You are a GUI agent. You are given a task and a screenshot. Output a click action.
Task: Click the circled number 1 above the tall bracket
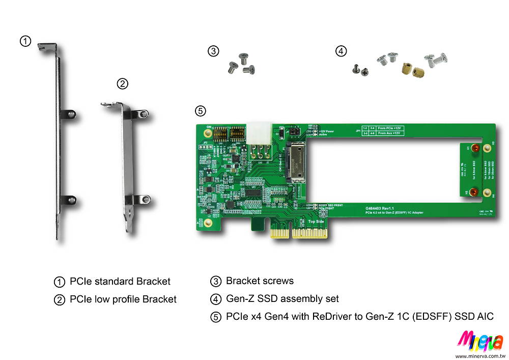[24, 41]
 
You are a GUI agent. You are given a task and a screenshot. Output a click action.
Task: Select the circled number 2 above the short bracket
[122, 84]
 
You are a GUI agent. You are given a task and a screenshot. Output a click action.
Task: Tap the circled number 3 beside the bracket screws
[213, 51]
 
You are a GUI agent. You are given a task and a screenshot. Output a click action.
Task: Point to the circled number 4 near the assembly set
[341, 51]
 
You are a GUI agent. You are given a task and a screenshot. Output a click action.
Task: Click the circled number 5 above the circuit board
[201, 110]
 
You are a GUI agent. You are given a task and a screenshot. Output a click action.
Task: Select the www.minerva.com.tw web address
[479, 356]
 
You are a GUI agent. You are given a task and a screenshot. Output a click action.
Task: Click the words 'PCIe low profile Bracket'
[123, 299]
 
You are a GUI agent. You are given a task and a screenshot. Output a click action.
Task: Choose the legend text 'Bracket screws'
[260, 281]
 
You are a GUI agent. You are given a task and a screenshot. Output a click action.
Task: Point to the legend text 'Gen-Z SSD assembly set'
[282, 298]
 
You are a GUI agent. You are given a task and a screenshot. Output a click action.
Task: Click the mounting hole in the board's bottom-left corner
[201, 223]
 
